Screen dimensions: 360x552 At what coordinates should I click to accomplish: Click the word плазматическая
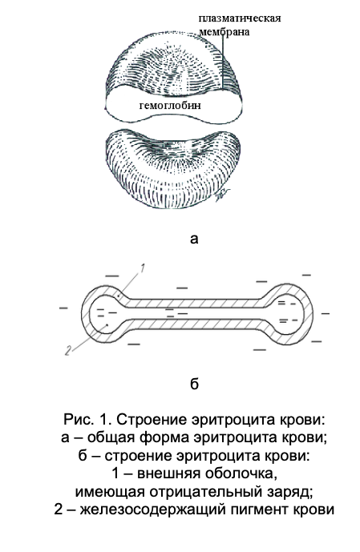tap(240, 18)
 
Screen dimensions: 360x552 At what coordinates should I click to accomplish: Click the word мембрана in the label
tap(224, 32)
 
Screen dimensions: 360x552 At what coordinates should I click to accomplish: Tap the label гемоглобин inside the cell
tap(170, 105)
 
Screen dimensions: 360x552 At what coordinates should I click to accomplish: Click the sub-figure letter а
tap(194, 239)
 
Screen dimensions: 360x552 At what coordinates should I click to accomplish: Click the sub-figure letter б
tap(194, 384)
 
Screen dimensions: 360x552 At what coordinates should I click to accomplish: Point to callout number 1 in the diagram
tap(142, 268)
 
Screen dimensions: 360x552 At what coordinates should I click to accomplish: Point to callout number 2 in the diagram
tap(68, 350)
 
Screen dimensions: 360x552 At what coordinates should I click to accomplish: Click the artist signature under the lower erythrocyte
tap(221, 193)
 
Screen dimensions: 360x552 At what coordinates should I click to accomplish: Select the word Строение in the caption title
tap(153, 420)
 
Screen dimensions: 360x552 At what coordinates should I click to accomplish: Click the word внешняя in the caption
tap(169, 473)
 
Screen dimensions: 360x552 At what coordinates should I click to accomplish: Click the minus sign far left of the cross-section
tap(63, 308)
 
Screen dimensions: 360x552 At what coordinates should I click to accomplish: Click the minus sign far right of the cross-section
tap(325, 312)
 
